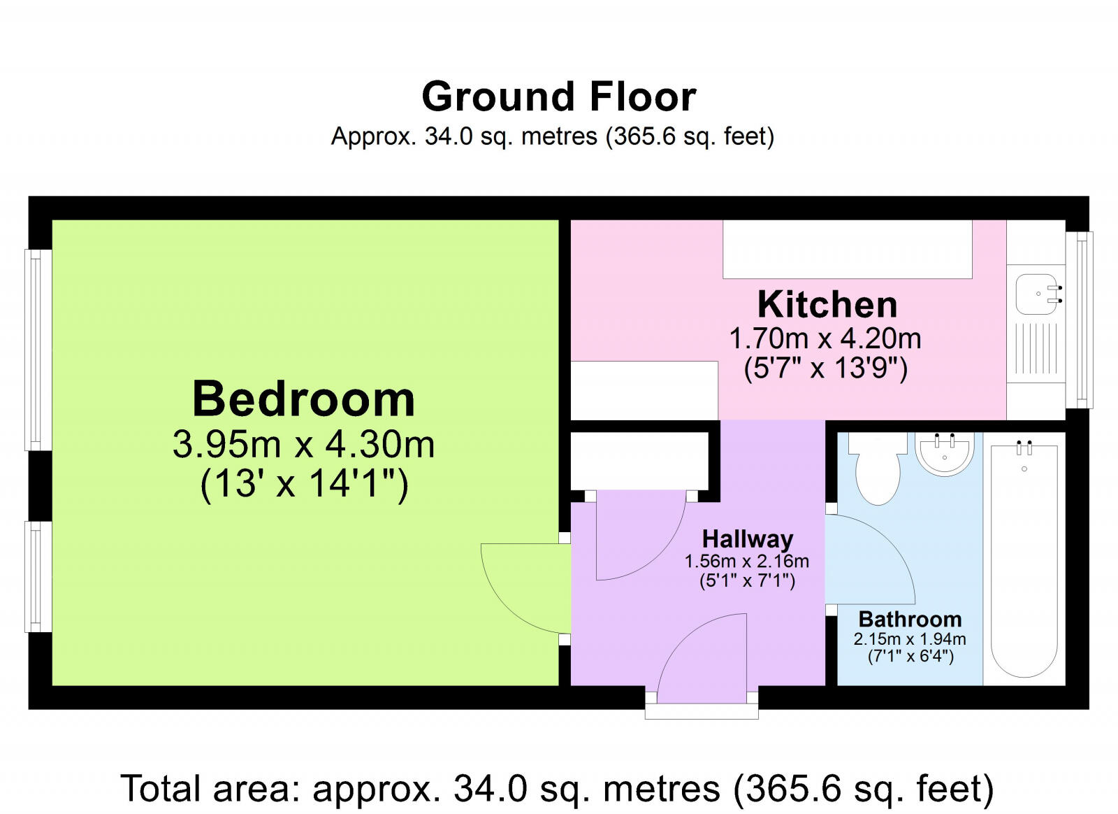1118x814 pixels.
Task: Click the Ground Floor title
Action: pyautogui.click(x=558, y=97)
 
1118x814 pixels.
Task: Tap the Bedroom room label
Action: pyautogui.click(x=303, y=399)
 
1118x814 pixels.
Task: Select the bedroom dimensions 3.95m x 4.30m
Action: pyautogui.click(x=303, y=444)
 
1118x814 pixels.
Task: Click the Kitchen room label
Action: pyautogui.click(x=827, y=305)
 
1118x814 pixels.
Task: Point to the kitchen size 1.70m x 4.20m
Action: pyautogui.click(x=825, y=339)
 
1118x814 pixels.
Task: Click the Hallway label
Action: pyautogui.click(x=747, y=539)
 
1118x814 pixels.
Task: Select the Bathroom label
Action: pyautogui.click(x=910, y=619)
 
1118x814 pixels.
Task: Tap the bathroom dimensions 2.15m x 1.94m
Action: pyautogui.click(x=910, y=638)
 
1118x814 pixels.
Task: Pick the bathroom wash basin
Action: pyautogui.click(x=944, y=453)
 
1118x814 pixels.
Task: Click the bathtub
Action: pyautogui.click(x=1024, y=559)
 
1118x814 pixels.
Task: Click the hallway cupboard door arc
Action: pyautogui.click(x=639, y=538)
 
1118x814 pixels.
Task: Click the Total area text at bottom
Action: pyautogui.click(x=557, y=789)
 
